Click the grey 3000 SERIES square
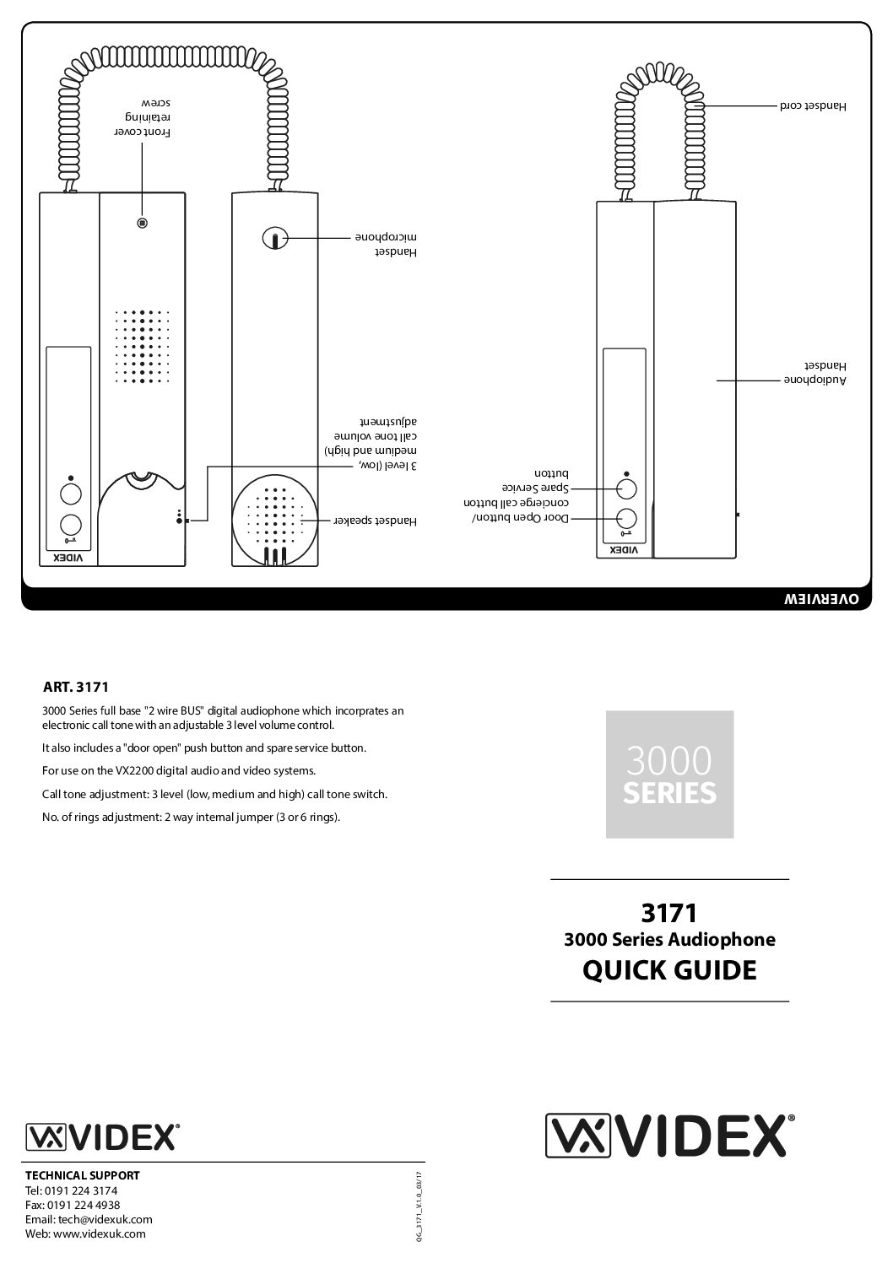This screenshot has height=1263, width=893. click(669, 774)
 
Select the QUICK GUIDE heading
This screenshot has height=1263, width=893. click(669, 970)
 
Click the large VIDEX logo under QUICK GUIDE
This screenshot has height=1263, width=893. click(669, 1135)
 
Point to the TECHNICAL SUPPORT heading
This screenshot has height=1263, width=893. click(82, 1174)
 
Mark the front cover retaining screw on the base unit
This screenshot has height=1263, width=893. click(142, 224)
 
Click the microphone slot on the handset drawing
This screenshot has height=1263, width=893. click(273, 240)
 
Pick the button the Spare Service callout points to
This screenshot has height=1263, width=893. click(625, 489)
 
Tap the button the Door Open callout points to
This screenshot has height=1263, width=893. click(625, 519)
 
